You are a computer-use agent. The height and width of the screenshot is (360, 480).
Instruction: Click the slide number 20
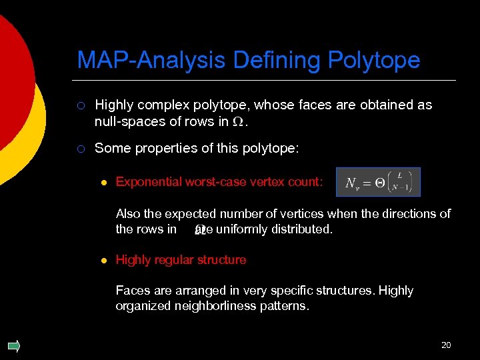point(446,345)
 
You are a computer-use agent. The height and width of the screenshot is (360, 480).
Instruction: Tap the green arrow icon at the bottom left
point(13,345)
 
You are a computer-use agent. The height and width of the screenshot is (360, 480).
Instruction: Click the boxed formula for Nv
point(378,182)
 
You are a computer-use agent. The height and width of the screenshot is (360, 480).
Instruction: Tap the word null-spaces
point(126,121)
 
